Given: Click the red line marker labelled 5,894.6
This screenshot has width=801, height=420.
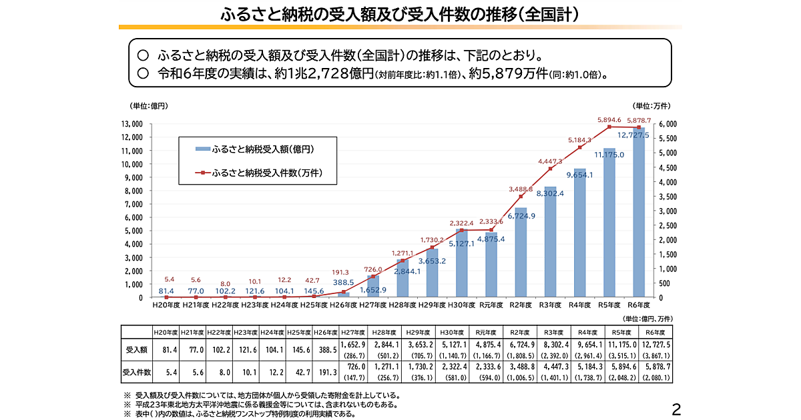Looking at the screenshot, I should (x=609, y=127).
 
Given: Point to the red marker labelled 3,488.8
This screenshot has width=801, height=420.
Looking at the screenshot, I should (x=521, y=197).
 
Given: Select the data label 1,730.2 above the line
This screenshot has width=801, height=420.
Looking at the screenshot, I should (x=433, y=240).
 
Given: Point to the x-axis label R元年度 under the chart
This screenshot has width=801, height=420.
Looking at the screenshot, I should (x=492, y=305).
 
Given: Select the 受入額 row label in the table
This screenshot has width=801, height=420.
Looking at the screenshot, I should (x=136, y=349).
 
